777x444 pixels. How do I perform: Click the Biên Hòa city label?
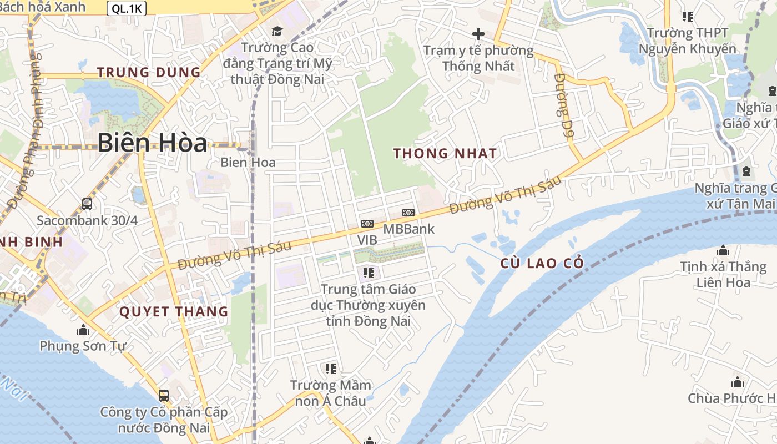point(152,143)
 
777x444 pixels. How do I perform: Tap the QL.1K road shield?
point(126,7)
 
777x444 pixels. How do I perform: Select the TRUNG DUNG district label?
point(149,72)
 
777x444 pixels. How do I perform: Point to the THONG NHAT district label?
point(445,154)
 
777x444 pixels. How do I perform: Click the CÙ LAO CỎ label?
point(542,264)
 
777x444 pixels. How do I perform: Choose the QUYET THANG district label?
point(174,311)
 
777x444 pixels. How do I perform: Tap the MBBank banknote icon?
point(408,213)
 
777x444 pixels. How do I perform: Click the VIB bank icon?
point(367,224)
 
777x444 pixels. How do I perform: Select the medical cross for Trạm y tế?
point(478,34)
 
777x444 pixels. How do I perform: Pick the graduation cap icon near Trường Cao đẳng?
point(276,31)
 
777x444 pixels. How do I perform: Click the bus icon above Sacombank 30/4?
point(87,204)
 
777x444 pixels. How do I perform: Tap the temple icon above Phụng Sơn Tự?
point(83,330)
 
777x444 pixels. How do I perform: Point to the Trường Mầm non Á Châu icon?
point(331,369)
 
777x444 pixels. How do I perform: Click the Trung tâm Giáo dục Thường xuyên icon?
point(368,273)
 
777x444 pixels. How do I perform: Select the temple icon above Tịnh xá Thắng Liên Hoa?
point(723,251)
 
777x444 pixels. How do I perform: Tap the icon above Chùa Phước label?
point(738,382)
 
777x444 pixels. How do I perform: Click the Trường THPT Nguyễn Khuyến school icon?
point(688,17)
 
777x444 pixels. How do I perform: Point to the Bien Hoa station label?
point(248,163)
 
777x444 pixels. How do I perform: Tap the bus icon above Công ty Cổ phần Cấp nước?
point(164,395)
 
